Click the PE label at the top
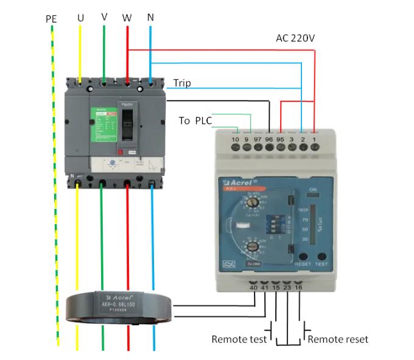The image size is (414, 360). point(51,19)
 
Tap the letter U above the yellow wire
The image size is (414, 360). point(80,18)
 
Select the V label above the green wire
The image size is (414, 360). point(105,16)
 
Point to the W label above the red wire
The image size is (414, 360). point(127,18)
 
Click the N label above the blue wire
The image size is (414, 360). point(150,17)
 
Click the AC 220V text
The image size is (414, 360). point(295,38)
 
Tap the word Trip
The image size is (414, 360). point(182,82)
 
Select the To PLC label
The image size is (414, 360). point(195,121)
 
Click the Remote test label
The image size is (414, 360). point(239,339)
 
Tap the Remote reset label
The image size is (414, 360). point(338,339)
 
